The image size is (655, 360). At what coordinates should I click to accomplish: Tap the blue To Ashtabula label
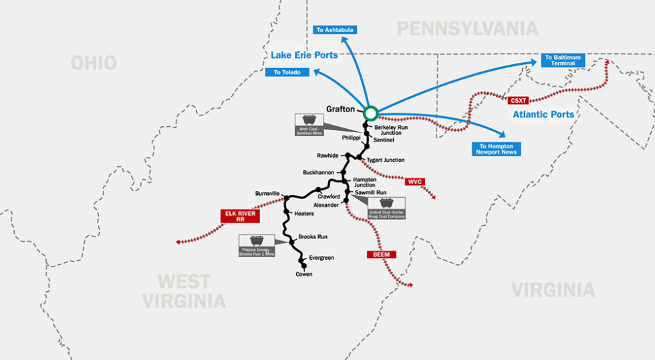tap(335, 30)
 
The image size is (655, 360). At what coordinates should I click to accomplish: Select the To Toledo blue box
tap(287, 72)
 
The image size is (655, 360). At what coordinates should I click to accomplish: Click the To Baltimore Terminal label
tap(563, 60)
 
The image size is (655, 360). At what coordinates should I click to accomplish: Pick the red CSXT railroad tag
tap(518, 100)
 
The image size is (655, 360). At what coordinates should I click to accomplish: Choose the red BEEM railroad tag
tap(382, 254)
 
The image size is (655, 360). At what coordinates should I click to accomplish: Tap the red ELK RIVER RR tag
tap(239, 216)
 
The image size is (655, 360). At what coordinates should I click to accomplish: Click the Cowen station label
tap(304, 274)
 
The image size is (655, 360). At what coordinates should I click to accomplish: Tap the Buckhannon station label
tap(318, 172)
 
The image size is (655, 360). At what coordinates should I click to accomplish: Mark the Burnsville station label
tap(267, 194)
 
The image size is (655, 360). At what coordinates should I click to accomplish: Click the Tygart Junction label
tap(386, 160)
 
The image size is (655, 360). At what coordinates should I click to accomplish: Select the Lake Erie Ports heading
tap(304, 55)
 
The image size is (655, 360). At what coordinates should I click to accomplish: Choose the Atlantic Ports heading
tap(543, 115)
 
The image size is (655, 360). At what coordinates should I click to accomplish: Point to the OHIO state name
tap(94, 63)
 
